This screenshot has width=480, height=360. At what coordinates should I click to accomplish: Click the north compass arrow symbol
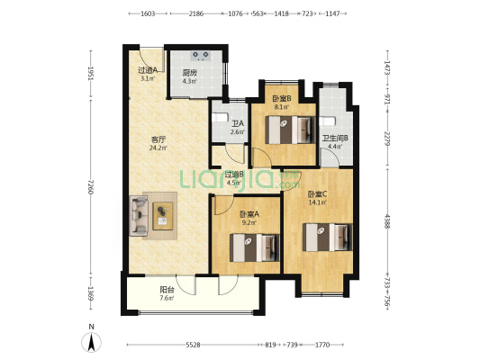pyautogui.click(x=91, y=342)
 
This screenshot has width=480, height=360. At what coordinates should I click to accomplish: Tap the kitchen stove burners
pyautogui.click(x=201, y=56)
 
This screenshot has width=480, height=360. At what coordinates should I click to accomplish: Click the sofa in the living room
pyautogui.click(x=139, y=216)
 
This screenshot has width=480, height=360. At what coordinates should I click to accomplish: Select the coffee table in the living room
pyautogui.click(x=163, y=216)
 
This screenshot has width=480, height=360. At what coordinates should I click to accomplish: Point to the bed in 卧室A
pyautogui.click(x=255, y=247)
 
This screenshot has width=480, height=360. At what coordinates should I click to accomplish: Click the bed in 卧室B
pyautogui.click(x=290, y=130)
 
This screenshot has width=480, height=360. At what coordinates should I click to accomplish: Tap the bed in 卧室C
pyautogui.click(x=328, y=238)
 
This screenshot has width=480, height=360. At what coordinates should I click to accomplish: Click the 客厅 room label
pyautogui.click(x=158, y=140)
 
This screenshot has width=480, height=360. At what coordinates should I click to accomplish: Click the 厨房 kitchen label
pyautogui.click(x=189, y=73)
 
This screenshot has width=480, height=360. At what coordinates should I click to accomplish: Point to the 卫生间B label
pyautogui.click(x=335, y=139)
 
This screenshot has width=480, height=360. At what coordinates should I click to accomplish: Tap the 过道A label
pyautogui.click(x=148, y=70)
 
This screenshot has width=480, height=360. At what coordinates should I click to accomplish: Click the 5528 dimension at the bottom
pyautogui.click(x=193, y=345)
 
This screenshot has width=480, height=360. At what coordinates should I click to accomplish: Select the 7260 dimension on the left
pyautogui.click(x=91, y=186)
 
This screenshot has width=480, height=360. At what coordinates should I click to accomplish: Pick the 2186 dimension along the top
pyautogui.click(x=196, y=13)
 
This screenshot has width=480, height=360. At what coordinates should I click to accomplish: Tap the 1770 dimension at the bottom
pyautogui.click(x=322, y=345)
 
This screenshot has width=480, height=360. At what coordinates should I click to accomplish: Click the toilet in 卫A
pyautogui.click(x=221, y=118)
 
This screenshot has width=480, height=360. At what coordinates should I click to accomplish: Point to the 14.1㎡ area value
pyautogui.click(x=318, y=202)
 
